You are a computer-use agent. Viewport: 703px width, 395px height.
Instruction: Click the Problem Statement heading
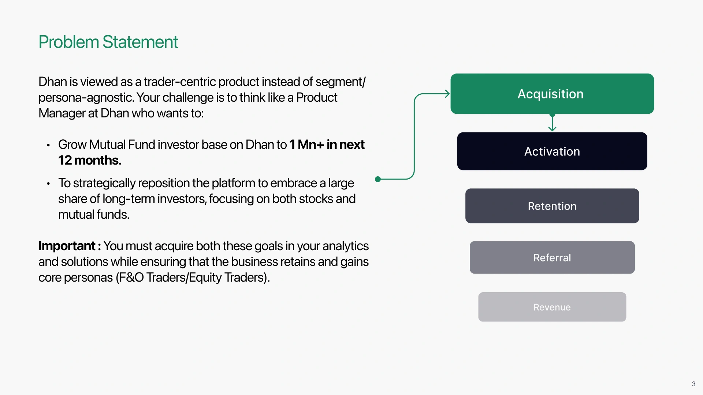point(108,42)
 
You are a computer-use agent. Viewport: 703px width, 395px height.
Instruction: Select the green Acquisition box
point(552,94)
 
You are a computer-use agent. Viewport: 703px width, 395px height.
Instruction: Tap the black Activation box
point(552,151)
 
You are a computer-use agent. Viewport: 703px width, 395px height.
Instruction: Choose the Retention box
point(552,206)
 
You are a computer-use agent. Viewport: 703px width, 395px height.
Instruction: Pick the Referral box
point(552,257)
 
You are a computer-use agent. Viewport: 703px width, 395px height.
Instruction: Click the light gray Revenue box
point(552,307)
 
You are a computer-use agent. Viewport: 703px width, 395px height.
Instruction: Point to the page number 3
point(693,384)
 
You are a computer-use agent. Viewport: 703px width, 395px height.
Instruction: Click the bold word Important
point(67,246)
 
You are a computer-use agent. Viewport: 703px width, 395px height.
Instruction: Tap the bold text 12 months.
point(90,160)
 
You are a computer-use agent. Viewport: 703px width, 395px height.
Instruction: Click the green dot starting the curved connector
point(378,179)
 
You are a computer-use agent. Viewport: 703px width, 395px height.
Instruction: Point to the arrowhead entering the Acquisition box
point(447,94)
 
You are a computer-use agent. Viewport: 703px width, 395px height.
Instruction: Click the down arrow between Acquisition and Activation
point(552,122)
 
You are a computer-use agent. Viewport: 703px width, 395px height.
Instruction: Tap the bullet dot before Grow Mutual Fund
point(48,145)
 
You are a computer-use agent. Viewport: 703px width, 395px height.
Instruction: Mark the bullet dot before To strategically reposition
point(48,184)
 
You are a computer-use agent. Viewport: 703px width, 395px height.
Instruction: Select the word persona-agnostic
point(86,98)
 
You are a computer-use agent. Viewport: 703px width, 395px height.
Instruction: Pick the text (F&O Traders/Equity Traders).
point(193,277)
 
